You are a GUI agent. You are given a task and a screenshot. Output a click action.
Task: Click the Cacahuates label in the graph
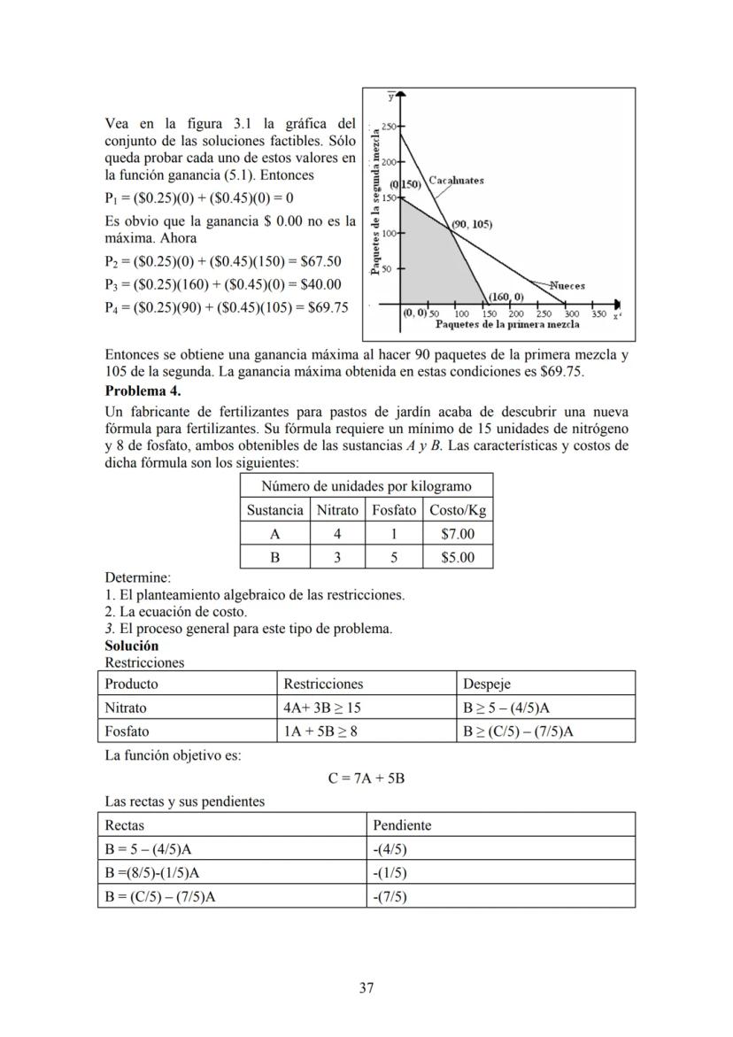point(457,181)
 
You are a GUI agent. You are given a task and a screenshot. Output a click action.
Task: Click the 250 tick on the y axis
point(388,128)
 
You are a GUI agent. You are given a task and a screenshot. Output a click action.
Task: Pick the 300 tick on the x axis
point(572,313)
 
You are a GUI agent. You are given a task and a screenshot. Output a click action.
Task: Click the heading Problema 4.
point(143,391)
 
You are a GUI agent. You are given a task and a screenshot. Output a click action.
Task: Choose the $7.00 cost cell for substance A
point(458,534)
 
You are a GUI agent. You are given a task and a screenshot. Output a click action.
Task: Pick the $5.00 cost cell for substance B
point(458,557)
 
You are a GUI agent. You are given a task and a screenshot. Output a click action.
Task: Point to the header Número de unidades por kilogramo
point(366,486)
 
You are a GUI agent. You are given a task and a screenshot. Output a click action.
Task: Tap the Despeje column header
point(486,685)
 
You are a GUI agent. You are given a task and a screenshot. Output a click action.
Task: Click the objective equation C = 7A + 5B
point(366,779)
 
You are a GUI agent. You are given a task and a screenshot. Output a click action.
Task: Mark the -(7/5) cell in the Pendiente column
point(390,896)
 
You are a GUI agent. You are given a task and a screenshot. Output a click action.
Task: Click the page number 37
point(366,988)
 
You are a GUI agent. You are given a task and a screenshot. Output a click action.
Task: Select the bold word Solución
point(132,646)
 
